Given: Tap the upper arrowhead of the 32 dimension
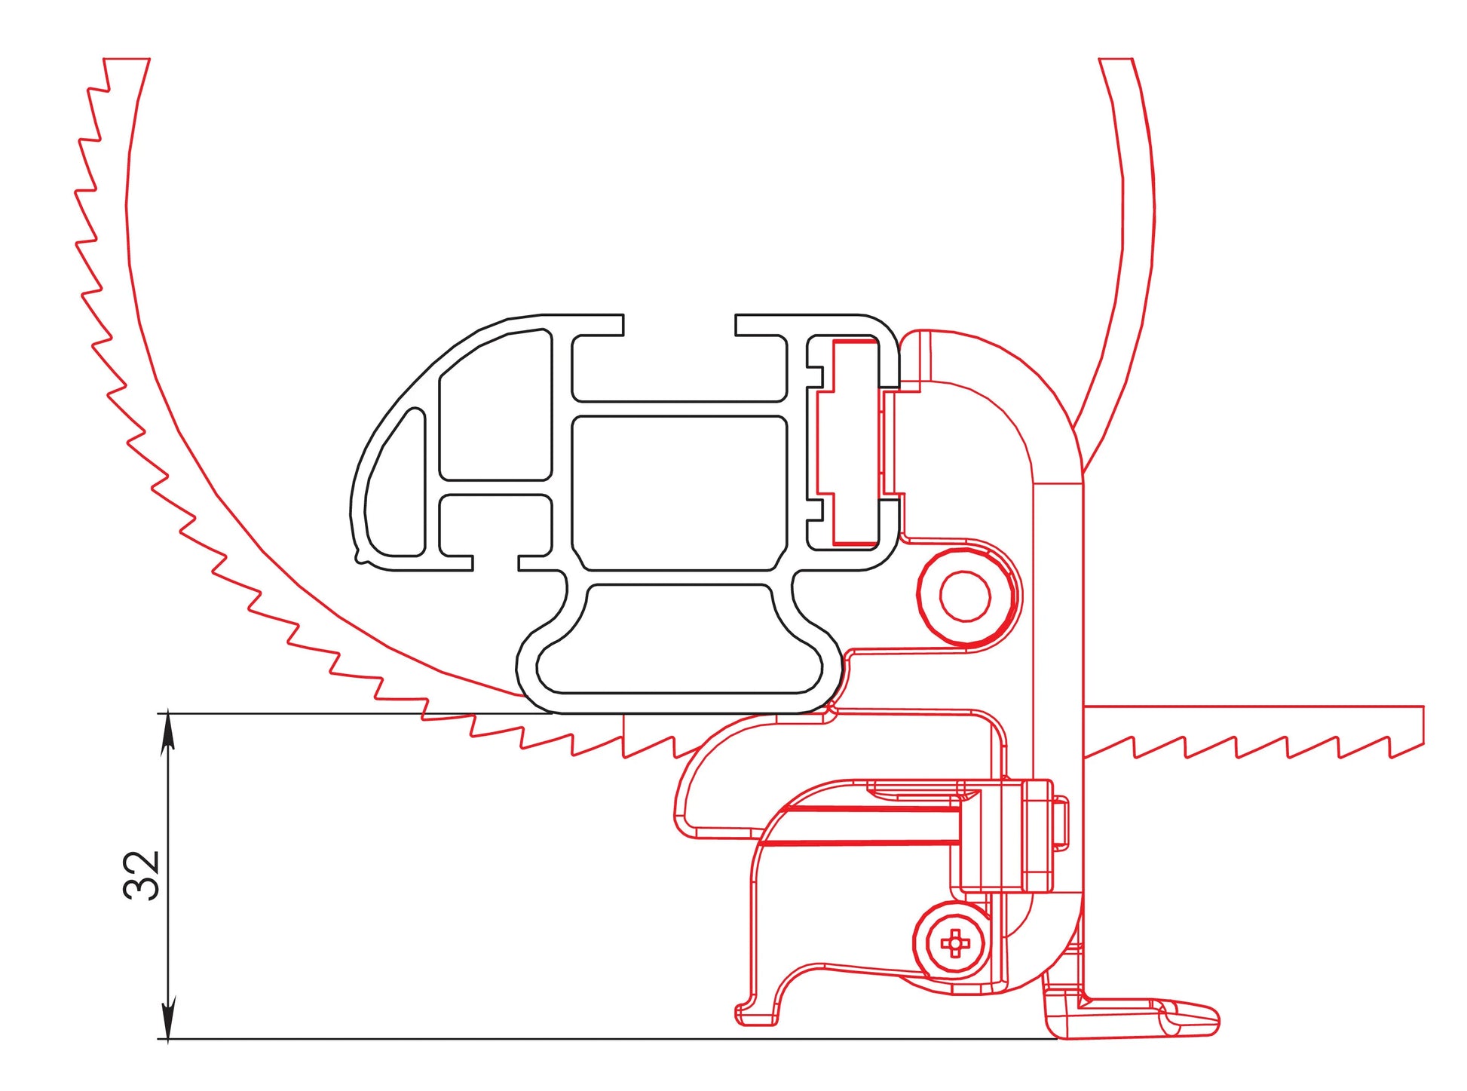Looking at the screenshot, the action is pyautogui.click(x=168, y=730).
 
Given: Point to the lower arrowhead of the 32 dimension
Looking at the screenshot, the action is pyautogui.click(x=168, y=1020).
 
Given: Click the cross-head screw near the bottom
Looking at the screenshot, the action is pyautogui.click(x=955, y=942).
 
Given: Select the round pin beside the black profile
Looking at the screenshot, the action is pyautogui.click(x=966, y=596).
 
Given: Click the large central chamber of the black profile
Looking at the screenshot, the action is pyautogui.click(x=680, y=493).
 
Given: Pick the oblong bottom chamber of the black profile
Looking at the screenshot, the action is pyautogui.click(x=679, y=638).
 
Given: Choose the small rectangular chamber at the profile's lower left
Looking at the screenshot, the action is pyautogui.click(x=495, y=525).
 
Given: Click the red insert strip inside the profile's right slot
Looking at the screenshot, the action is pyautogui.click(x=856, y=442).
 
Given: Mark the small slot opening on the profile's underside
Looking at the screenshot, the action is pyautogui.click(x=495, y=562).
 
